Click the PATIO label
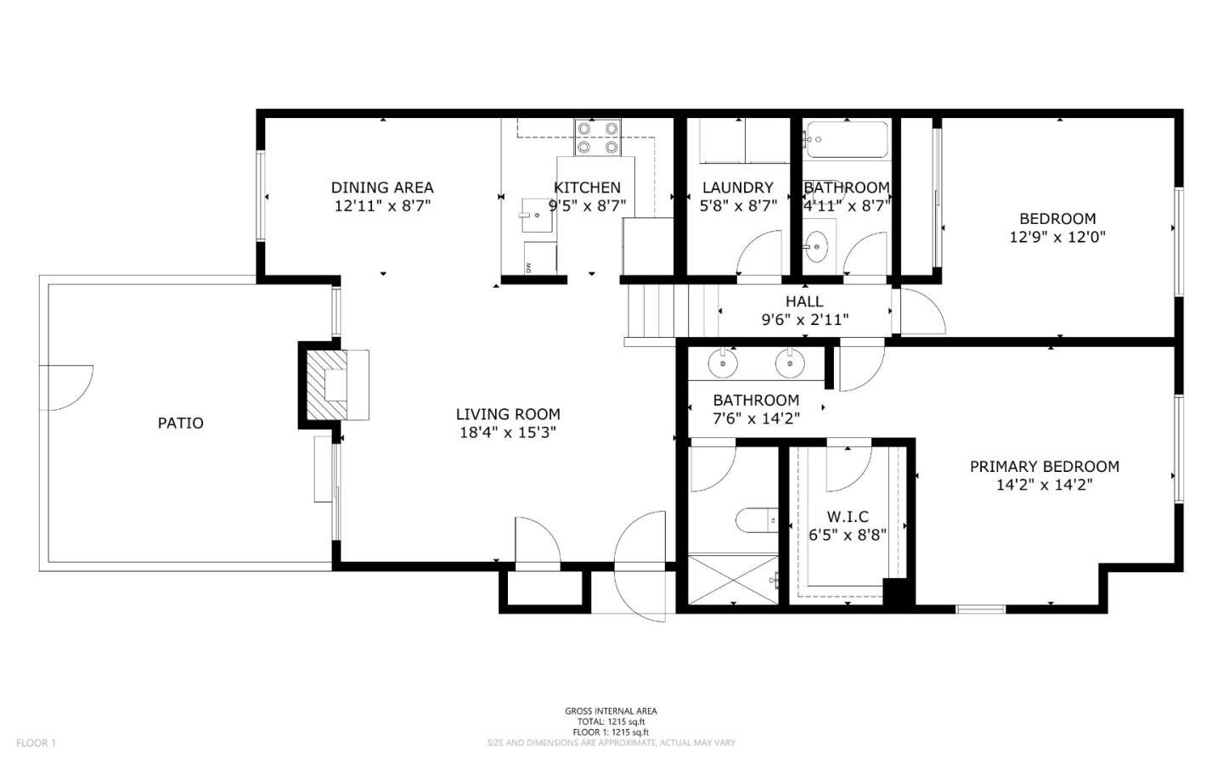point(180,423)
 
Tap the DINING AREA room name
point(382,188)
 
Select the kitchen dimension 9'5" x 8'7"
point(587,205)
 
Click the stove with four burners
point(597,137)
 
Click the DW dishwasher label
point(528,267)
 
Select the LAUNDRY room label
point(737,188)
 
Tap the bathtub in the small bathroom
point(846,139)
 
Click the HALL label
point(803,301)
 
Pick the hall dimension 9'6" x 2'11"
point(803,320)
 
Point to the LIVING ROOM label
point(508,414)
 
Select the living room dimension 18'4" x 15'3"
point(508,433)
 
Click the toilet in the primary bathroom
point(757,519)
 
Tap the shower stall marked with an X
point(732,580)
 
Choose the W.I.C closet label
point(848,517)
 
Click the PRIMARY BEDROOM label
point(1044,466)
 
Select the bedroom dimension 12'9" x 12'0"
point(1057,238)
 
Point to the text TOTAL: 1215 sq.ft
point(611,721)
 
